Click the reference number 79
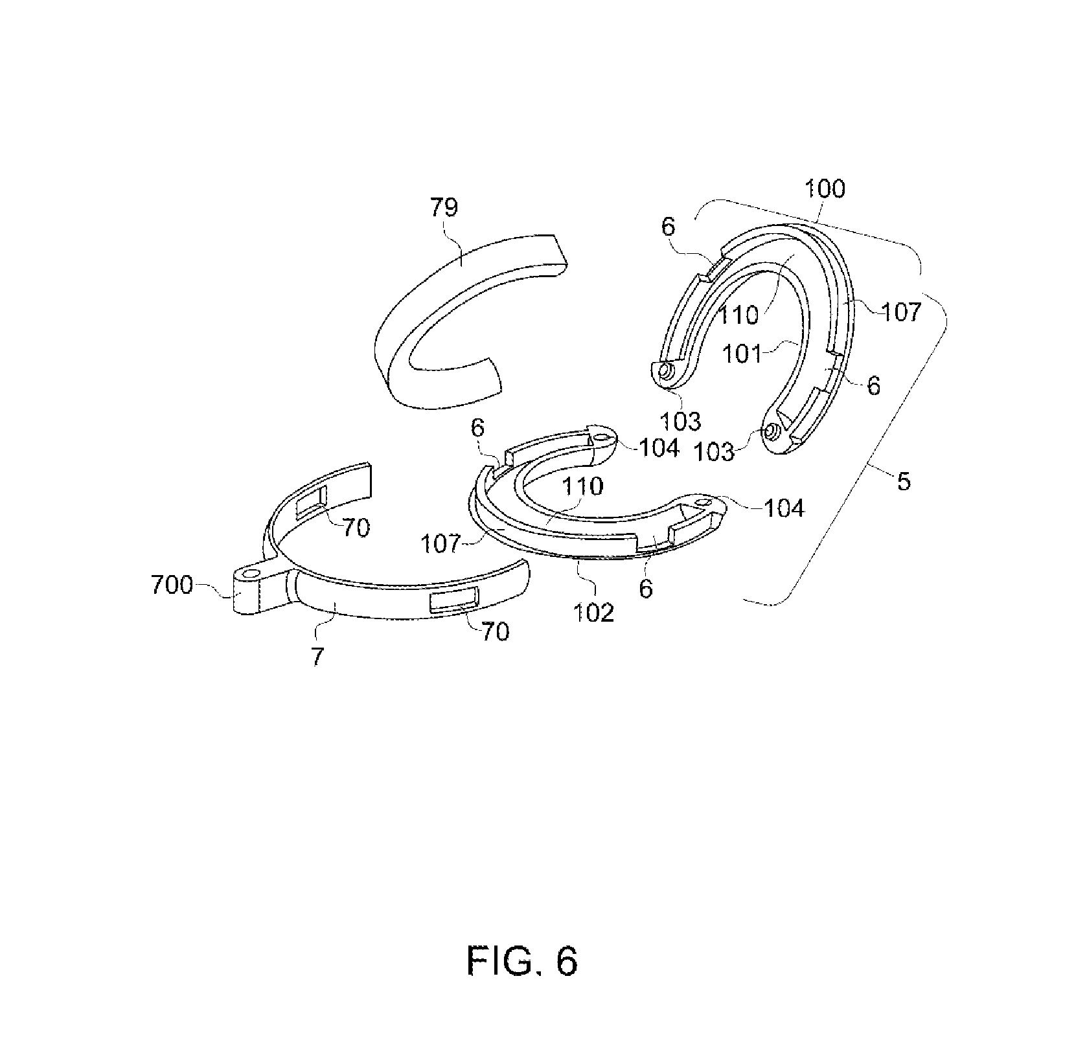[x=444, y=208]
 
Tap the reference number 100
[x=824, y=190]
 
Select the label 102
[x=595, y=612]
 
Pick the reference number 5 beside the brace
[x=904, y=481]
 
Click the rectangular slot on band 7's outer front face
[x=453, y=600]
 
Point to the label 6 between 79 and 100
[x=668, y=226]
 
